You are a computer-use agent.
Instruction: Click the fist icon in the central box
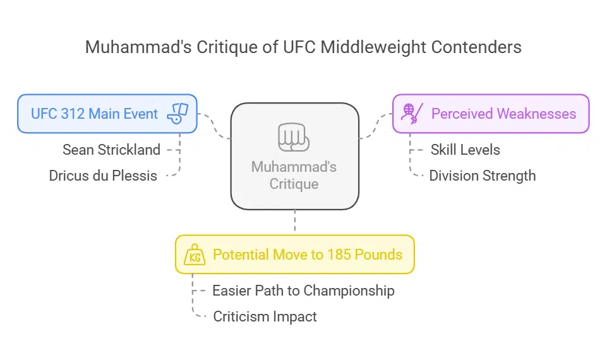(x=294, y=136)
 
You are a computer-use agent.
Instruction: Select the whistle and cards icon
(x=177, y=114)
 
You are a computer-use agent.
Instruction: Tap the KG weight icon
(x=195, y=255)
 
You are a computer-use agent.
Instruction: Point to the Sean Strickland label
(x=111, y=150)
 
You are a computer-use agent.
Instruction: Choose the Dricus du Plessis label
(x=103, y=176)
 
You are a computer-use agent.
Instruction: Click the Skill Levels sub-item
(x=465, y=150)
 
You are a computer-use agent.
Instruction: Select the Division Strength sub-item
(x=482, y=176)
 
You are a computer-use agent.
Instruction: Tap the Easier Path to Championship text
(x=303, y=291)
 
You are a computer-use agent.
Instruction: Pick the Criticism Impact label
(x=265, y=316)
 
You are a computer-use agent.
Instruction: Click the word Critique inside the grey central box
(x=294, y=184)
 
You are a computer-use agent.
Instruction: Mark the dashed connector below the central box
(x=294, y=222)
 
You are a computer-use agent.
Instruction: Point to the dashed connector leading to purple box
(x=375, y=126)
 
